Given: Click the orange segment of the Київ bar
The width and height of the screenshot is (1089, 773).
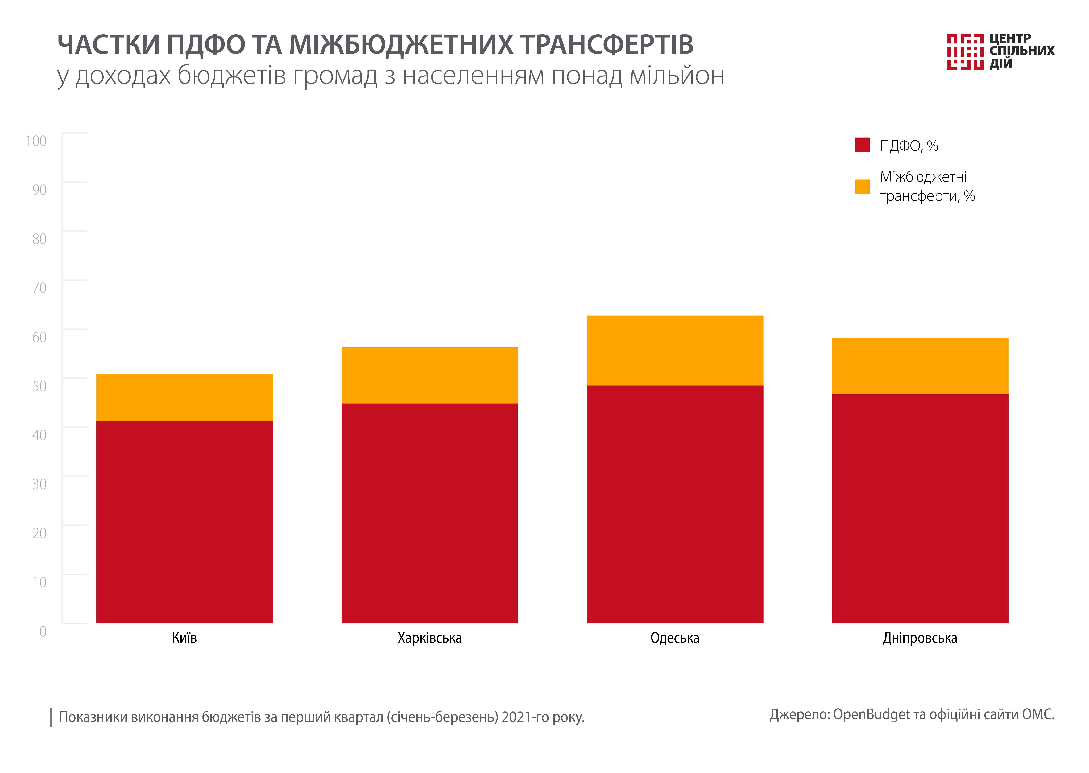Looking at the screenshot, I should tap(184, 397).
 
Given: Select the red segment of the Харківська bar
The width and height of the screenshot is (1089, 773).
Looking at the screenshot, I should tap(429, 513).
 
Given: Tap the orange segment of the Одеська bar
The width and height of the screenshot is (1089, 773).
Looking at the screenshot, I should tap(675, 350).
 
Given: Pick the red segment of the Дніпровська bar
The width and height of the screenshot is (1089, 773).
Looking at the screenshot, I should tap(920, 508).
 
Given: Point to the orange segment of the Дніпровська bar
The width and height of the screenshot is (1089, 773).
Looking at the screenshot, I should tap(920, 366).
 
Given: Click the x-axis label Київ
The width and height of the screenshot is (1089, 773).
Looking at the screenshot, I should tap(184, 638).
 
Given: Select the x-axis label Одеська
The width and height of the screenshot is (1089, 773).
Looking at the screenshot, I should tap(675, 638).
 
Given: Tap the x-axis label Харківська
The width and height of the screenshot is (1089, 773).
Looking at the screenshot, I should tap(429, 638).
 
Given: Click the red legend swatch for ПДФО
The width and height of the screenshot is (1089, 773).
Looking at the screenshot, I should tap(862, 145).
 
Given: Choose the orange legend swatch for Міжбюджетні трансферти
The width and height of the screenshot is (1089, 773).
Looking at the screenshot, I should tap(862, 187).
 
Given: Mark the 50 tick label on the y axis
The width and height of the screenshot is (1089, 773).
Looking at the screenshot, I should tap(39, 386).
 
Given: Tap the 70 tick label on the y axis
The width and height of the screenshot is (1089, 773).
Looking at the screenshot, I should tap(39, 288).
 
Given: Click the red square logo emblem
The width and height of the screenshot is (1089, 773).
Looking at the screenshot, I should tap(965, 51).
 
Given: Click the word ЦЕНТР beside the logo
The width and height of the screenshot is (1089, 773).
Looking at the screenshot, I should tap(1010, 38).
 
